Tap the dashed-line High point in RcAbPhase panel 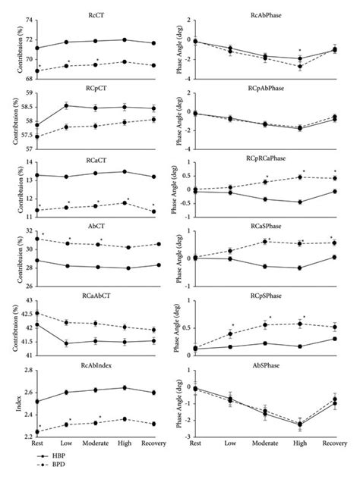[x=300, y=67]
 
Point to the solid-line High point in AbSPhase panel [x=300, y=424]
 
